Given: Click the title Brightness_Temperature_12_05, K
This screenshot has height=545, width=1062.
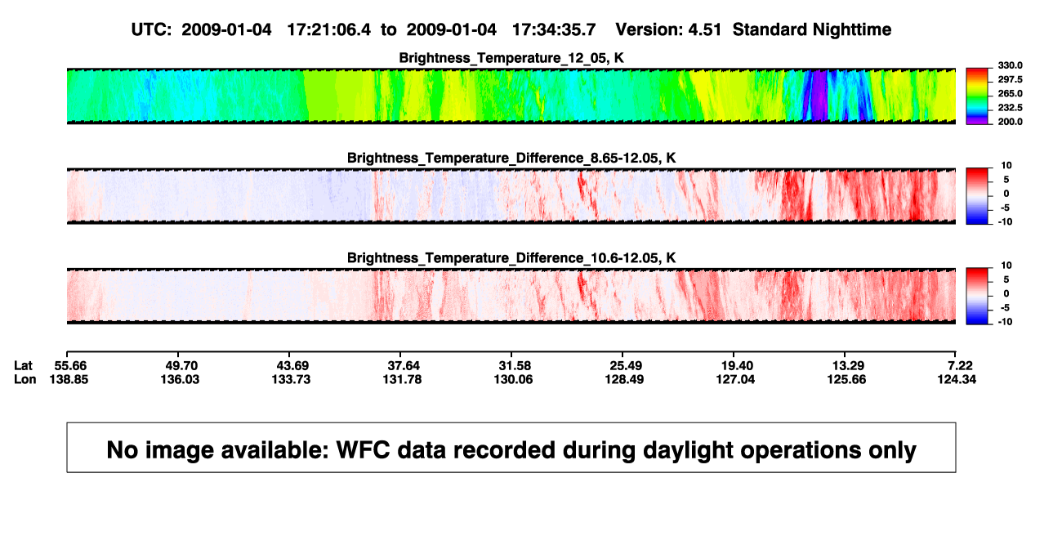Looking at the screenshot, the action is click(x=511, y=58).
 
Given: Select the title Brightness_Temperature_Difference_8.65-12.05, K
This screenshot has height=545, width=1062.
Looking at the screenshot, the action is click(x=511, y=158).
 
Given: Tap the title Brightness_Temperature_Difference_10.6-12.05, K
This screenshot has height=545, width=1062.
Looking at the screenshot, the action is click(x=511, y=258).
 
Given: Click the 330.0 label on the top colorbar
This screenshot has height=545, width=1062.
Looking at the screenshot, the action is click(x=1010, y=65).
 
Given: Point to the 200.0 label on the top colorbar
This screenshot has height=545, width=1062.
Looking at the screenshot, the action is click(x=1010, y=122).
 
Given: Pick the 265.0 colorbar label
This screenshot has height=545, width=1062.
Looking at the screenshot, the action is click(x=1010, y=93).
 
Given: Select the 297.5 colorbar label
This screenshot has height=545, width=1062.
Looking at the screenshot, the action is click(x=1010, y=79).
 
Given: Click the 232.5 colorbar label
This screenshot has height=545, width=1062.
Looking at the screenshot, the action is click(x=1010, y=108).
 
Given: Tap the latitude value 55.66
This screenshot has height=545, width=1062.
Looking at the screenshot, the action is click(x=70, y=366).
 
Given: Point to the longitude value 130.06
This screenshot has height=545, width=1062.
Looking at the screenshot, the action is click(x=513, y=379).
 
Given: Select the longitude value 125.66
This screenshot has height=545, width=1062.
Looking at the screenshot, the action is click(x=846, y=379).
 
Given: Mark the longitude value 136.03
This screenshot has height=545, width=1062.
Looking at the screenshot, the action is click(x=180, y=379).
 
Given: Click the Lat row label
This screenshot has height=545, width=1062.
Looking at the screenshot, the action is click(x=23, y=366).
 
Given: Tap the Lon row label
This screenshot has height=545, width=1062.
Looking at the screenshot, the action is click(x=25, y=379).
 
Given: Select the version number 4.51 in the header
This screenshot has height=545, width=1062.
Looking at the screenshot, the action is click(x=704, y=30).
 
